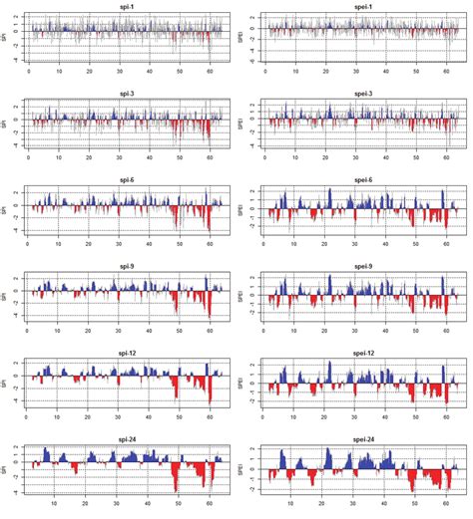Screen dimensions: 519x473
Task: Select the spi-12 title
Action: coord(125,353)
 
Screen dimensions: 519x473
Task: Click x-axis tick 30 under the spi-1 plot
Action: coord(120,73)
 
